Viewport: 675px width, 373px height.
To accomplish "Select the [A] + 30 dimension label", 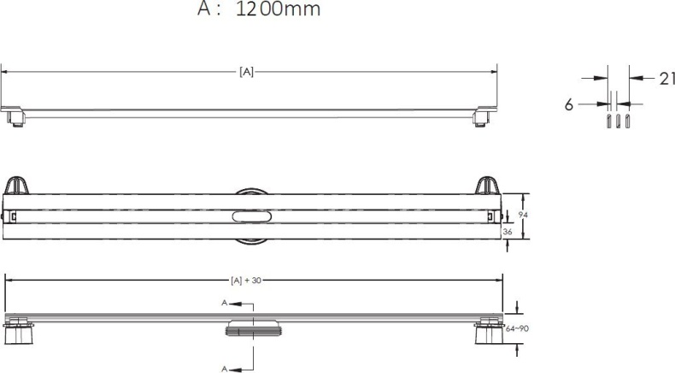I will [247, 280].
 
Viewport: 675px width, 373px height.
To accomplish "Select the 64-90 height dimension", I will [515, 328].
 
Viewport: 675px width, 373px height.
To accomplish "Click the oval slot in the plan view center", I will [251, 218].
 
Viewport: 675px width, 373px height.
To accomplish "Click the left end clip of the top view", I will [15, 115].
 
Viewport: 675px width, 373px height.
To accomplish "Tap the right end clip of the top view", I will [482, 115].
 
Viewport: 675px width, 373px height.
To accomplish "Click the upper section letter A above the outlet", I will [224, 303].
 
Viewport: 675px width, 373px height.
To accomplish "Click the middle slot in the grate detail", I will [618, 122].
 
